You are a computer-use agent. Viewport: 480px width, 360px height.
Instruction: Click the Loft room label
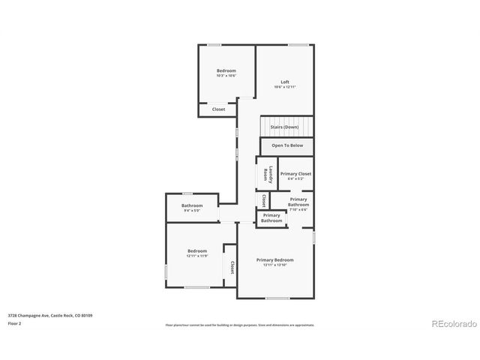285,82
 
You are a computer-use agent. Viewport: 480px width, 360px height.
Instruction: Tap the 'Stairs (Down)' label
286,127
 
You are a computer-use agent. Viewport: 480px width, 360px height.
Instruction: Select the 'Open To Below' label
287,145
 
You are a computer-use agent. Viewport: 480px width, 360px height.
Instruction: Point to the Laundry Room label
266,174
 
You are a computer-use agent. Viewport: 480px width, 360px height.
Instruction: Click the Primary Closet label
295,173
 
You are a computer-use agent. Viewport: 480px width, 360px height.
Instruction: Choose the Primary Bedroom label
274,259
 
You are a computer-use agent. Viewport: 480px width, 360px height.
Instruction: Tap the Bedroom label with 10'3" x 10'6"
226,70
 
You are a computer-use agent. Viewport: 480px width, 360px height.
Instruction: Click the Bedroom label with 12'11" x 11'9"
197,250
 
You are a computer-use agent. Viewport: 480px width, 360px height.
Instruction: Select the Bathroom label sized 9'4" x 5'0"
192,205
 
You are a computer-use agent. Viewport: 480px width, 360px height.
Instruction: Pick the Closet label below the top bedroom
218,109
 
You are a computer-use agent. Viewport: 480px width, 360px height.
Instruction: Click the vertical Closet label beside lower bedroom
232,267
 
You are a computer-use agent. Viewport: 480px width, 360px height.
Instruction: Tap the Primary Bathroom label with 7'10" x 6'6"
298,202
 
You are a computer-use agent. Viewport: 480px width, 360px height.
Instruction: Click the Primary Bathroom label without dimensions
271,218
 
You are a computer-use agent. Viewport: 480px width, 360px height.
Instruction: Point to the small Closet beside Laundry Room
264,200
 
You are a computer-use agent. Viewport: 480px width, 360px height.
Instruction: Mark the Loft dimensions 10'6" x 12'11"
285,87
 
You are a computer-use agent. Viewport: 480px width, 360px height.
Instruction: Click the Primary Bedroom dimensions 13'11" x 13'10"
274,265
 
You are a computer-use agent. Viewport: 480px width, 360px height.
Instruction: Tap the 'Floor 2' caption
14,324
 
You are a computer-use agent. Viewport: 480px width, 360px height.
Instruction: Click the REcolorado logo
454,324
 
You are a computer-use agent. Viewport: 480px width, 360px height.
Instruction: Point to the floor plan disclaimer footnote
239,325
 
